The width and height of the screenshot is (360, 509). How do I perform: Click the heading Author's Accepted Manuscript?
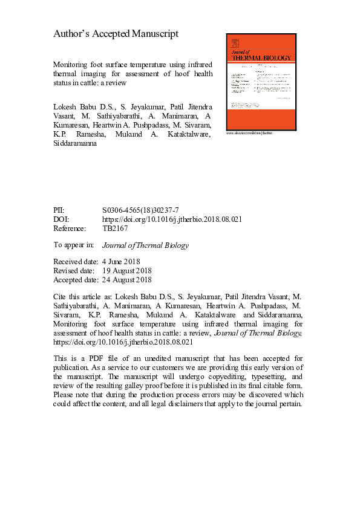pos(116,34)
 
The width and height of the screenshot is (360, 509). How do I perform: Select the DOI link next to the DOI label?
pos(172,219)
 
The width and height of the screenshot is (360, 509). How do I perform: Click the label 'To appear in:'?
pos(74,245)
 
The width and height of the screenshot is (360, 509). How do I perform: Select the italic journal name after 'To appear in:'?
pos(145,245)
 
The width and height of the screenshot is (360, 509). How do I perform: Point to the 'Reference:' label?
pos(70,229)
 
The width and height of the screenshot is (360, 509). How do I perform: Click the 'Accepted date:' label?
pos(76,280)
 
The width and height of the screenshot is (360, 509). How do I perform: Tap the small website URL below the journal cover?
pos(249,132)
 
